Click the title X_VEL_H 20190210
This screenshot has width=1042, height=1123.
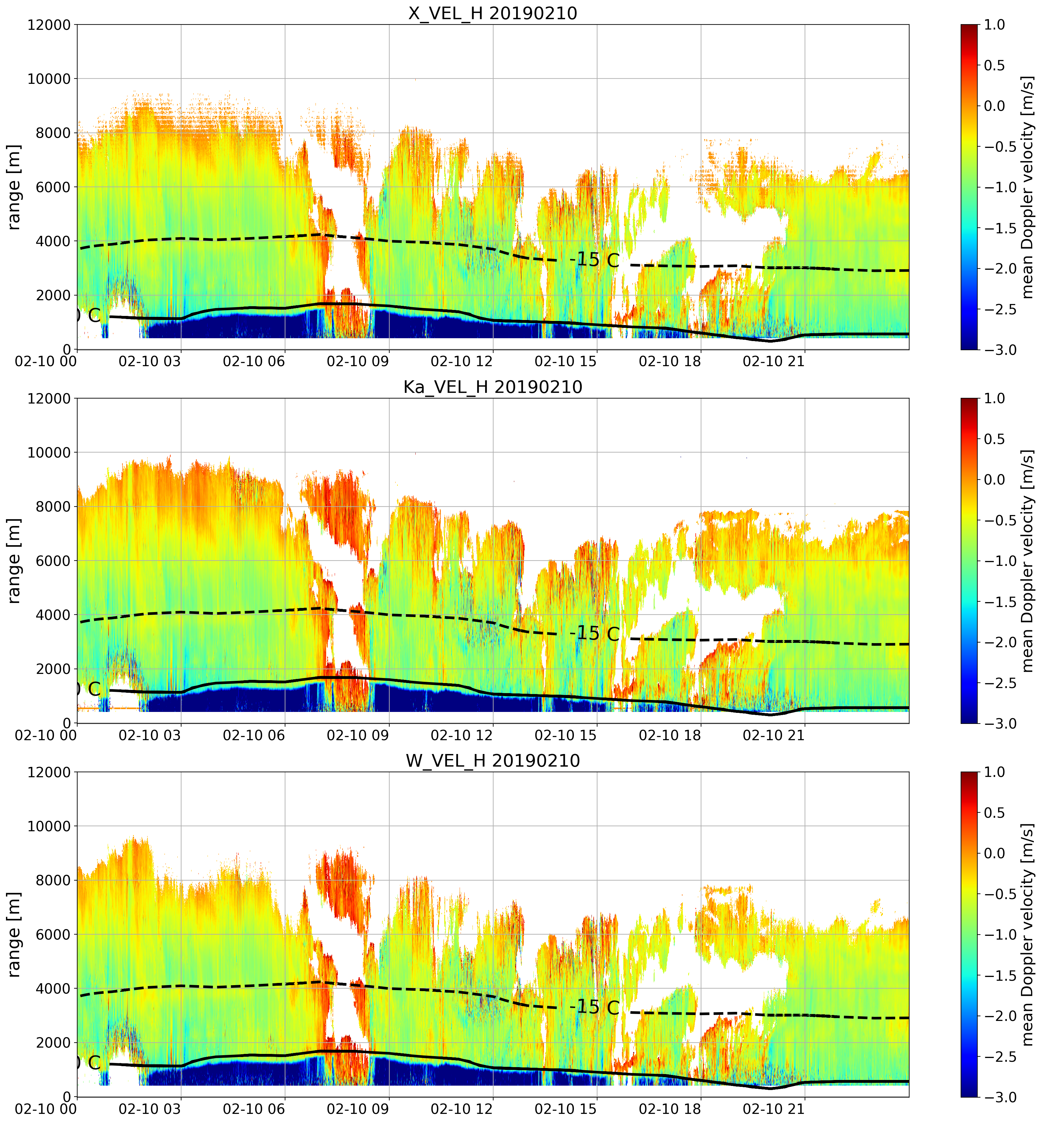click(x=493, y=13)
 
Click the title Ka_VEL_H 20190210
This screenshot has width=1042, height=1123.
click(x=493, y=387)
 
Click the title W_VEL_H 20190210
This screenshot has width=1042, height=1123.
click(x=493, y=761)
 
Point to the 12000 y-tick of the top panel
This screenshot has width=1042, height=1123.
click(x=49, y=25)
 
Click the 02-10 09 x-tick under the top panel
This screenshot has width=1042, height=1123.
click(x=358, y=361)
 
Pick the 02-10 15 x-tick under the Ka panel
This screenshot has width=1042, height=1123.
click(x=565, y=735)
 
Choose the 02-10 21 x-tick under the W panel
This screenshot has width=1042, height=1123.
click(x=774, y=1109)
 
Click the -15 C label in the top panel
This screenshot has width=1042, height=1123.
click(x=594, y=261)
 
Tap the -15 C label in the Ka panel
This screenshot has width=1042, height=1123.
click(x=594, y=634)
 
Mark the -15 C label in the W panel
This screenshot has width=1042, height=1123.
click(x=594, y=1007)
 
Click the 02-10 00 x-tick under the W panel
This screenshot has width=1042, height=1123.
click(x=46, y=1109)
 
